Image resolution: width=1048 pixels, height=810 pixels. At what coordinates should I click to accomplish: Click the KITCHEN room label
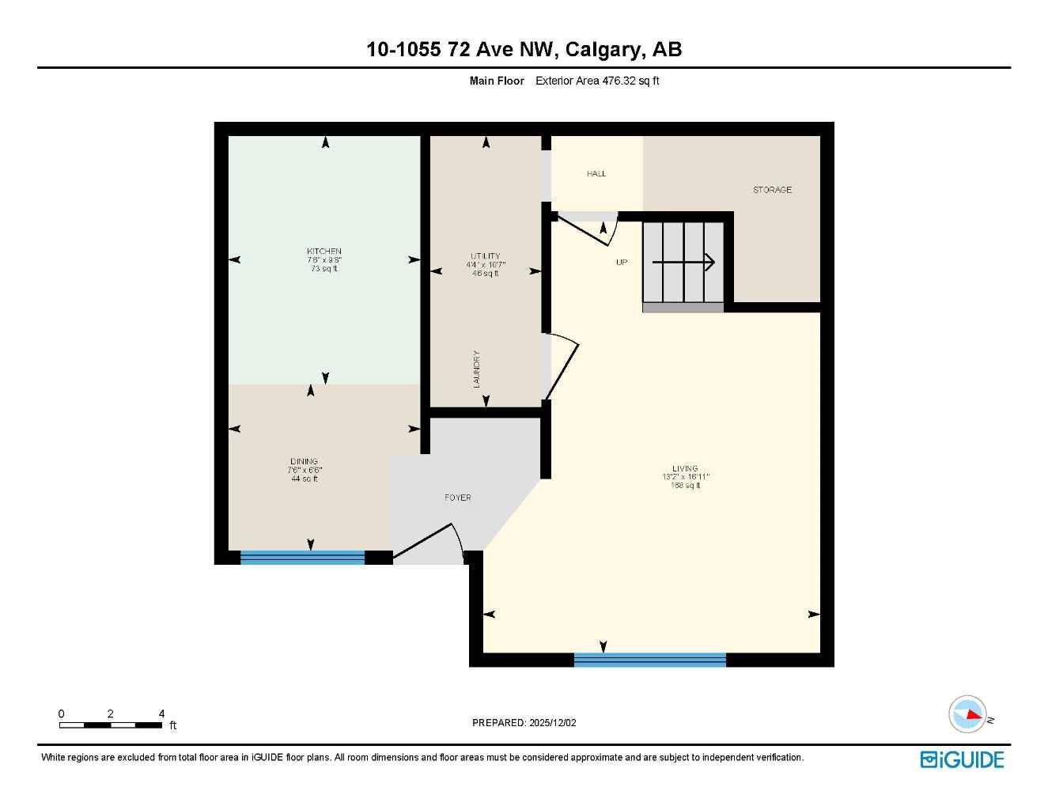[324, 252]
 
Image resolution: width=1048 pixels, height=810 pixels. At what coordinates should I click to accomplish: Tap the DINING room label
[304, 462]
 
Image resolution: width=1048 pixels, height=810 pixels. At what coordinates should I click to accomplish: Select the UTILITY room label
[485, 256]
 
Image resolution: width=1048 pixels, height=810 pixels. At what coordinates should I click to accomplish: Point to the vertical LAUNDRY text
[477, 369]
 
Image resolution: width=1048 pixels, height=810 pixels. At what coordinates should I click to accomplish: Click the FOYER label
[457, 498]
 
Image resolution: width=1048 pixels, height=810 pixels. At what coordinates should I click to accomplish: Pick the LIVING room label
[685, 469]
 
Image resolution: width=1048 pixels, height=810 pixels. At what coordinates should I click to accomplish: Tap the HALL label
[596, 173]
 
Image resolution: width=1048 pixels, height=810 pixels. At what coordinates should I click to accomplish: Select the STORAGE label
[772, 190]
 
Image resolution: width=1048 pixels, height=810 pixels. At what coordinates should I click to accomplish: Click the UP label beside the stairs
[622, 262]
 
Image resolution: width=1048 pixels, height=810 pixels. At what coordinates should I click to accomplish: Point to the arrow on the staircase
[683, 262]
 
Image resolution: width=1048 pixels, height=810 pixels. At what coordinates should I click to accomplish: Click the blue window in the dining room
[302, 558]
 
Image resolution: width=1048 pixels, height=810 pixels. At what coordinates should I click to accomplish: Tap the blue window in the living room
[649, 660]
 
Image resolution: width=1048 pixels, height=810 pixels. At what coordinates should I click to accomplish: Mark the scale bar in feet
[111, 725]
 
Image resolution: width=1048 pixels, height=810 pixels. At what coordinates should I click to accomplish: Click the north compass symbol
[968, 715]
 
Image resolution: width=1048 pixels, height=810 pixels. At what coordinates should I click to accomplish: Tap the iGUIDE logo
[962, 759]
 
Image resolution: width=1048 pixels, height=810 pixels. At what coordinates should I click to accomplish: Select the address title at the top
[524, 49]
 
